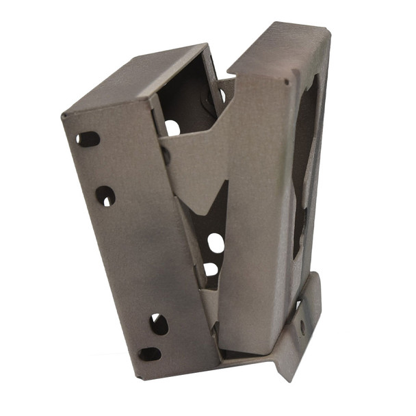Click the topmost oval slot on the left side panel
[88, 139]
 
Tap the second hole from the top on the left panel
[105, 196]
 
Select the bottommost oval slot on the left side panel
[150, 354]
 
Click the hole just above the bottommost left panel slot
[158, 324]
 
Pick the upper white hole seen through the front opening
[216, 242]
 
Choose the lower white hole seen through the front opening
[211, 269]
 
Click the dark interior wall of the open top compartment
[181, 96]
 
